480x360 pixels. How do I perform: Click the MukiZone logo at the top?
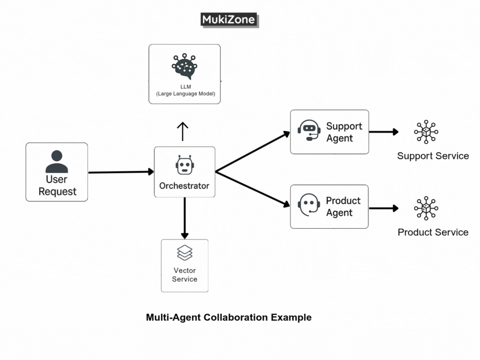pyautogui.click(x=229, y=20)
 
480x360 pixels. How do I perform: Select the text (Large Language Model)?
pyautogui.click(x=185, y=94)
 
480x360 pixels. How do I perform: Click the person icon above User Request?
pyautogui.click(x=57, y=162)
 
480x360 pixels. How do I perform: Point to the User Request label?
pyautogui.click(x=57, y=186)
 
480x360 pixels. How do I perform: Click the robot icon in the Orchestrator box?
pyautogui.click(x=184, y=165)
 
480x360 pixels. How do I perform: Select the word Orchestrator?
pyautogui.click(x=184, y=186)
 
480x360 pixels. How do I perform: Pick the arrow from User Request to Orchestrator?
pyautogui.click(x=121, y=172)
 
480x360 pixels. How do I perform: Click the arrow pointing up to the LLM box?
pyautogui.click(x=182, y=132)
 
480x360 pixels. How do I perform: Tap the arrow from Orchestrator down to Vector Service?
pyautogui.click(x=185, y=218)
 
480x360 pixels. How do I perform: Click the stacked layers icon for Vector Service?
pyautogui.click(x=185, y=253)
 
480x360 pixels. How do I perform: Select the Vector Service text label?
pyautogui.click(x=185, y=275)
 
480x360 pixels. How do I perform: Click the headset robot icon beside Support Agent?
pyautogui.click(x=309, y=131)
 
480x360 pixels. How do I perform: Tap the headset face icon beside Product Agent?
pyautogui.click(x=309, y=205)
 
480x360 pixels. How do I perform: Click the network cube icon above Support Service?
pyautogui.click(x=426, y=132)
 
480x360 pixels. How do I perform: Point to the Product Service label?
pyautogui.click(x=433, y=232)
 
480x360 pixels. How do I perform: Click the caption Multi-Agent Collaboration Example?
pyautogui.click(x=229, y=317)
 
